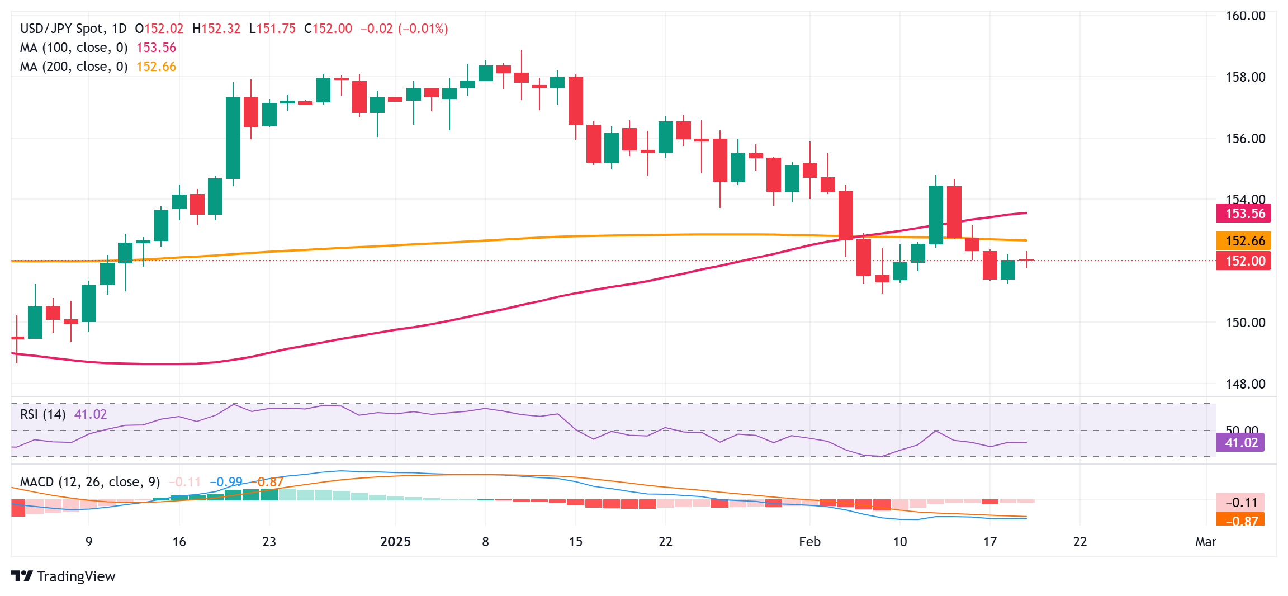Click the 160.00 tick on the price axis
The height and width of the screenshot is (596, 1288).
pos(1245,16)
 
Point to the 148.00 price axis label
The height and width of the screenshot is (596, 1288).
pos(1245,384)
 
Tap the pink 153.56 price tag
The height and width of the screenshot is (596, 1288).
pos(1244,214)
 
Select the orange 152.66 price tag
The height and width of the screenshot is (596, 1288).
pos(1244,241)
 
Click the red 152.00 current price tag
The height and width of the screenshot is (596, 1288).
pos(1244,261)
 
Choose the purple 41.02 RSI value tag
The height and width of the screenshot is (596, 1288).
pos(1240,443)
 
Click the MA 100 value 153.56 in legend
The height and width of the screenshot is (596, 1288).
pos(156,48)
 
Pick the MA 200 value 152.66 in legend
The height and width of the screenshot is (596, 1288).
pos(156,67)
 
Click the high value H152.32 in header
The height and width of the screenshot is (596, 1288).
pos(216,29)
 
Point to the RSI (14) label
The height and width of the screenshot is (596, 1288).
pos(42,414)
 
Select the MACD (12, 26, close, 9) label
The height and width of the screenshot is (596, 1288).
pos(90,482)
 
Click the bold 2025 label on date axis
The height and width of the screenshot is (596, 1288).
pos(395,542)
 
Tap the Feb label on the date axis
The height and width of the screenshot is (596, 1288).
pos(809,542)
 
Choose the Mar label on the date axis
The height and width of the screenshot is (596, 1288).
pos(1206,542)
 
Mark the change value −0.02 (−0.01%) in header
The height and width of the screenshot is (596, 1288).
pos(404,29)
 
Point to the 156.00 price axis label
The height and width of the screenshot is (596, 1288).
pos(1245,139)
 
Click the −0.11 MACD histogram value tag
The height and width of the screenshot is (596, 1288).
pos(1240,503)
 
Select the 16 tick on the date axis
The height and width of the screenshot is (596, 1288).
pos(179,542)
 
